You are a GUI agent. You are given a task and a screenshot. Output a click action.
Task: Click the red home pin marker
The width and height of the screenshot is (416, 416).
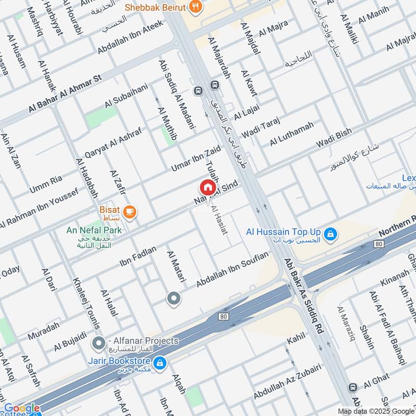coord(207,187)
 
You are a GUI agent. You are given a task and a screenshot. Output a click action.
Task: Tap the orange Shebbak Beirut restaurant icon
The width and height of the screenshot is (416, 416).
coord(196,7)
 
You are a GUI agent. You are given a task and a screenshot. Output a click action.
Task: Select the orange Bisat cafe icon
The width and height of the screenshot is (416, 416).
coord(129,212)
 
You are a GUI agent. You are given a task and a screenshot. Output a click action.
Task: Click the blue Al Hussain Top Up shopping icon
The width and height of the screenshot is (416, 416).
coord(329,236)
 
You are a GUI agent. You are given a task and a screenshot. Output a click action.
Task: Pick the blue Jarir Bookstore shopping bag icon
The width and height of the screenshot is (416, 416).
coord(160,362)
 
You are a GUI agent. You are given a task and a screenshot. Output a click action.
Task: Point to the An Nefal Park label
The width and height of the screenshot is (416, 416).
coord(94,230)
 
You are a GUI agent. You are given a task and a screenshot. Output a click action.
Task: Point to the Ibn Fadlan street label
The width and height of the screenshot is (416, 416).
coord(138,255)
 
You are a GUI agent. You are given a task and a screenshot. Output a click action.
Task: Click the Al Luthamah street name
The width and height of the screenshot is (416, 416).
coord(292,134)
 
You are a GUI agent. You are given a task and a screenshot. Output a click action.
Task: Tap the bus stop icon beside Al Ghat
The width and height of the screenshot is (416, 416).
coord(353,387)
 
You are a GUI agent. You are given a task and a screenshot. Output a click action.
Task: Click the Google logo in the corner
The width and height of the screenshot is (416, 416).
coord(22,409)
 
